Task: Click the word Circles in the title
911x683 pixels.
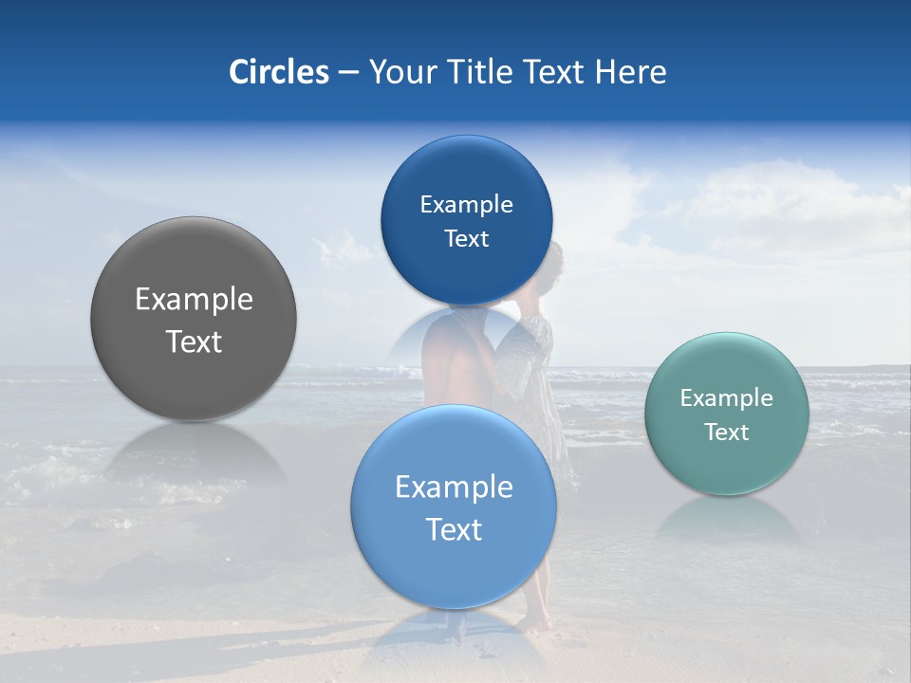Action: tap(278, 72)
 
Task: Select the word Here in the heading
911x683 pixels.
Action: tap(630, 72)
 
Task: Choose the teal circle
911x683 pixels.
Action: tap(727, 465)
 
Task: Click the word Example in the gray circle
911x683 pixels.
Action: tap(194, 300)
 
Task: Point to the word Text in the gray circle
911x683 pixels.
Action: tap(194, 341)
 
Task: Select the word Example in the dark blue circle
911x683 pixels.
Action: tap(466, 204)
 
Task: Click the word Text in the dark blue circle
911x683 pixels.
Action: tap(466, 238)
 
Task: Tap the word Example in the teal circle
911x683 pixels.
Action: tap(727, 398)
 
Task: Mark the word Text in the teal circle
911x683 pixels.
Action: tap(727, 433)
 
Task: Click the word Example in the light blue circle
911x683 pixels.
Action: tap(454, 488)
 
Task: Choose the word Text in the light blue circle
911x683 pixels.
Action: tap(454, 529)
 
